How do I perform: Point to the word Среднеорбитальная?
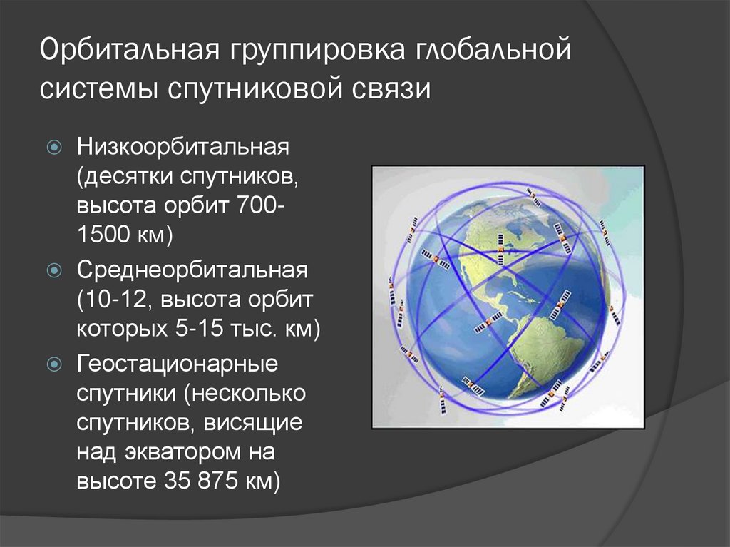point(192,271)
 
